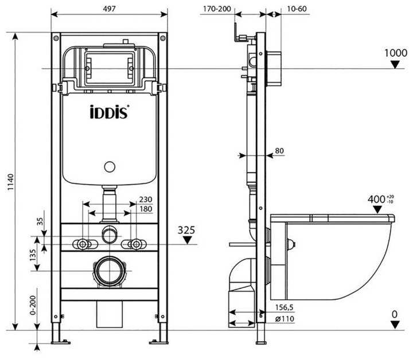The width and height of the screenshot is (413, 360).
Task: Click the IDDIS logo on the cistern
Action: tap(110, 111)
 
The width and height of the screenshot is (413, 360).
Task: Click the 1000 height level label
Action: tap(395, 53)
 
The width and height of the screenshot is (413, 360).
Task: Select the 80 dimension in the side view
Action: tap(279, 151)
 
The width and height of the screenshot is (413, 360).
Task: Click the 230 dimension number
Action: tap(145, 200)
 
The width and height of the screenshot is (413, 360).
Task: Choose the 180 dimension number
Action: tap(145, 209)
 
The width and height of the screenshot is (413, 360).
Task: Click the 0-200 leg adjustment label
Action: tap(33, 305)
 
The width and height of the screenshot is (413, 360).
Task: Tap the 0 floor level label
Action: tap(394, 314)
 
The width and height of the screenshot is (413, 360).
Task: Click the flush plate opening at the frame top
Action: tap(108, 68)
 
